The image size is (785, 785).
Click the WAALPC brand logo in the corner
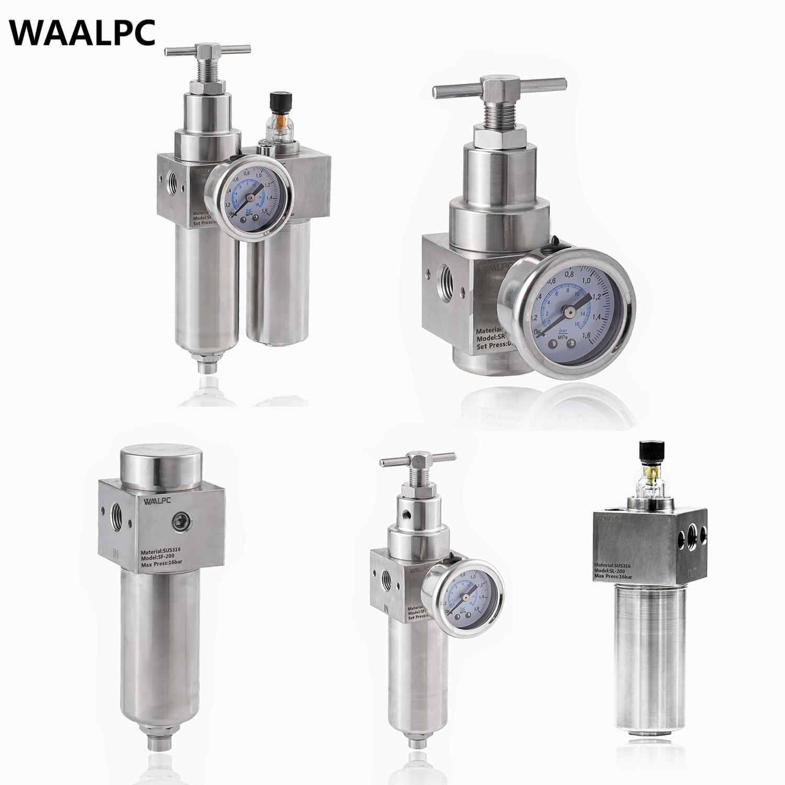(x=83, y=33)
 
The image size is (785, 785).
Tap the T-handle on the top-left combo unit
(x=207, y=51)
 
